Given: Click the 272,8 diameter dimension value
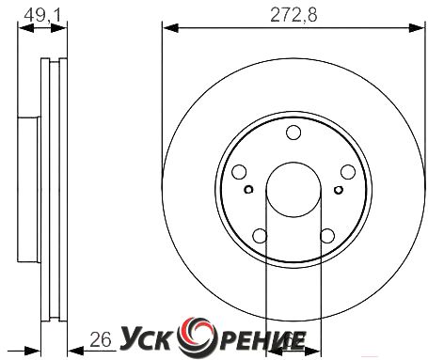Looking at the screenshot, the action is (293, 14).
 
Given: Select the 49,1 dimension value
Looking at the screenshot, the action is (41, 14).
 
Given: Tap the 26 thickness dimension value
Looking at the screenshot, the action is (101, 339).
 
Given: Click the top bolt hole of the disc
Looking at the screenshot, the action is (293, 133).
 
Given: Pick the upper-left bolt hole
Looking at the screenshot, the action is (239, 172).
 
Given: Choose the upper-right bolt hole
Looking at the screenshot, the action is (348, 172).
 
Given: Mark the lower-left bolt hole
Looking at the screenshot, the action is (260, 236).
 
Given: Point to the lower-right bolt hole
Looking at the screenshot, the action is (327, 236).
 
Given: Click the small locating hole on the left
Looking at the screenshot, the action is (248, 190).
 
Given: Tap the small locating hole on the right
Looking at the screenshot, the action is (339, 190).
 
